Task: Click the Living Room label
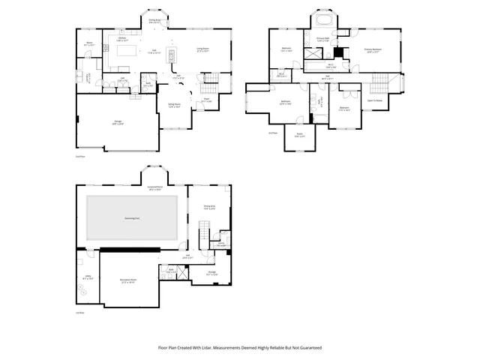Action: point(202,48)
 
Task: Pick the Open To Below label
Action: point(375,100)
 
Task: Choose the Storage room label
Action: point(212,273)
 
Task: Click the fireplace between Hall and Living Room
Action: point(170,56)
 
